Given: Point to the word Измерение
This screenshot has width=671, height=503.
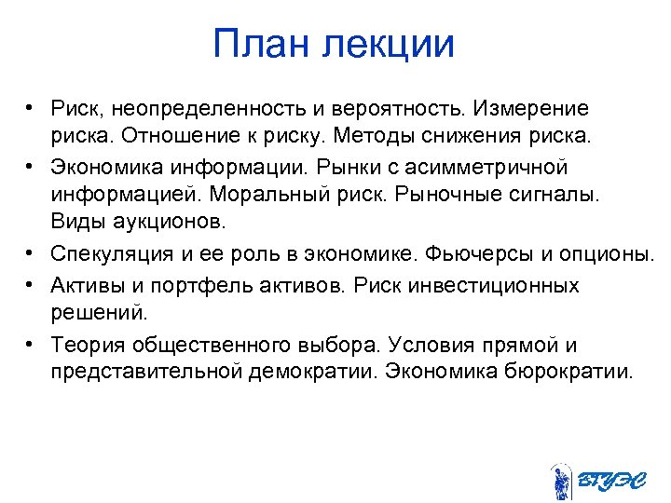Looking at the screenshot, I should pos(528,110).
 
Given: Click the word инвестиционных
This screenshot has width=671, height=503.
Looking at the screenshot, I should pos(501,285).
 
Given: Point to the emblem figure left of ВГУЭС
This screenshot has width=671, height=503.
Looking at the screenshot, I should pos(561,481).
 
